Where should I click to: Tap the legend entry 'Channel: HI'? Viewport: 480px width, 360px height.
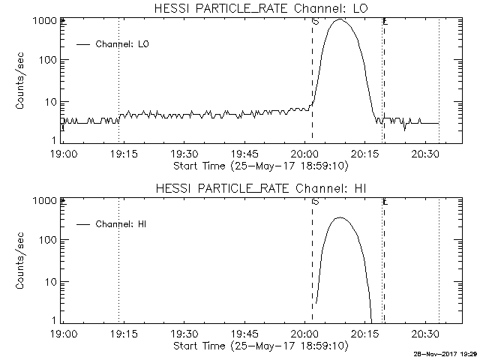click(122, 224)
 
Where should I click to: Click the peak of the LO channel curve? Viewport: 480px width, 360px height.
click(340, 20)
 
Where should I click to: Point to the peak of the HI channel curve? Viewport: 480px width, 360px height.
click(340, 217)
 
